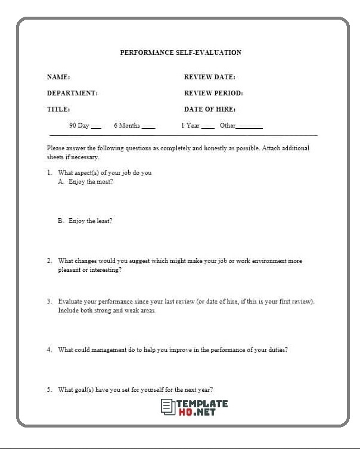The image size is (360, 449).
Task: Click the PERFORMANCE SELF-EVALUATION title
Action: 181,52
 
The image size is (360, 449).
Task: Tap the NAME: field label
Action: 58,77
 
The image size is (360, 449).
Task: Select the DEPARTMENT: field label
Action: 72,93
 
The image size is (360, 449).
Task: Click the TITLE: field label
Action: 58,109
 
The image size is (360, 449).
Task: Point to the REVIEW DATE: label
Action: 209,77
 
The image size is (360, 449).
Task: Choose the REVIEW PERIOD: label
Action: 213,93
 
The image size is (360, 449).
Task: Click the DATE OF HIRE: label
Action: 209,109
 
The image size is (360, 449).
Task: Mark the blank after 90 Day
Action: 97,127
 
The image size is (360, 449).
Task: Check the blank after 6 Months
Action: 148,127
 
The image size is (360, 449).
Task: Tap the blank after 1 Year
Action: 208,127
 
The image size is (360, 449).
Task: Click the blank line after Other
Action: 249,127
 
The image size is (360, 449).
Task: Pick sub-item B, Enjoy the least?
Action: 85,221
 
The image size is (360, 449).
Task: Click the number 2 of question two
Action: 49,261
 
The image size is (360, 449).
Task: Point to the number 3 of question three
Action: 49,302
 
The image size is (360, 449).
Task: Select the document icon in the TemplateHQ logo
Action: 167,407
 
